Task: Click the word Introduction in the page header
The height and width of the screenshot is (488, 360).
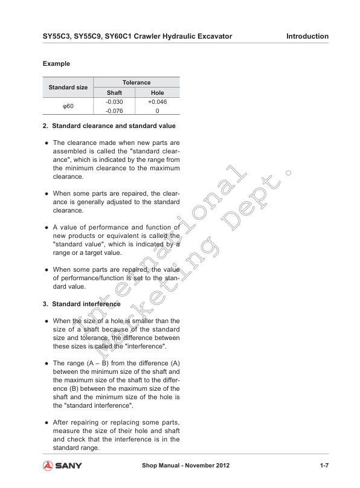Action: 307,36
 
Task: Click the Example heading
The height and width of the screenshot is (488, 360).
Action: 56,63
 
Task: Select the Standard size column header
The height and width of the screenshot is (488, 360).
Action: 68,87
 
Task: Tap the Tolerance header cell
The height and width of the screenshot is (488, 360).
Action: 137,82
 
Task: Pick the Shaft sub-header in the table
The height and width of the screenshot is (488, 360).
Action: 114,92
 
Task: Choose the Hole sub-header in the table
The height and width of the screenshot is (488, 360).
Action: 157,92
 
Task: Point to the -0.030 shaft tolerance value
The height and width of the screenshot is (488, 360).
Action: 114,101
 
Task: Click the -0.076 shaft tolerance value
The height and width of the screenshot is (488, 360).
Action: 114,111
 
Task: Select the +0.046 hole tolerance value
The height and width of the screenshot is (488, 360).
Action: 157,101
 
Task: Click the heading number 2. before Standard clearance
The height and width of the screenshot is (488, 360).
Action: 45,126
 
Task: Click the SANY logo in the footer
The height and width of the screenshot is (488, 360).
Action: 62,466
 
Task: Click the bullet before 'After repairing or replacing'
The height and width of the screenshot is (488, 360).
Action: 46,422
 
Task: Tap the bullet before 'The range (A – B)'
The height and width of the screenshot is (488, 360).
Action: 46,364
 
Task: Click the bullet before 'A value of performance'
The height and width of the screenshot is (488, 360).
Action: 46,227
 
